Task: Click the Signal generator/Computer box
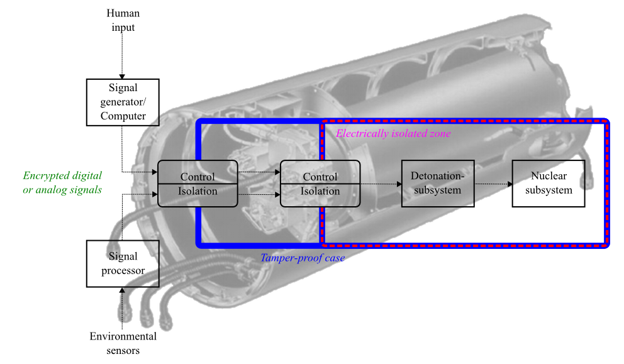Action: coord(123,101)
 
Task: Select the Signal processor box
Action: coord(123,263)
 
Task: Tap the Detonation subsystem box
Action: coord(437,183)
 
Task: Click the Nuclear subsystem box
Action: coord(549,183)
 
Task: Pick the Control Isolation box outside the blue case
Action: coord(198,184)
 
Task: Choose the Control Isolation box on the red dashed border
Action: coord(320,184)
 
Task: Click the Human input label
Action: coord(123,19)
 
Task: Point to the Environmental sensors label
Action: coord(123,343)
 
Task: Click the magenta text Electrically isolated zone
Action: coord(393,134)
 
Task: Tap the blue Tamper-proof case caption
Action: coord(303,258)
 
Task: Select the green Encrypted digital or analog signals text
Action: coord(62,182)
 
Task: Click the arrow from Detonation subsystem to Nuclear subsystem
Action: coord(493,184)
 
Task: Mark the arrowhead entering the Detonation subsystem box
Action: coord(399,184)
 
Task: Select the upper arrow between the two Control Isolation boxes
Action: coord(259,172)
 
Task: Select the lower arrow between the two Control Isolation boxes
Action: coord(259,196)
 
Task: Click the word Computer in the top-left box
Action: coord(123,116)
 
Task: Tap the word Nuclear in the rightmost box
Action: coord(549,176)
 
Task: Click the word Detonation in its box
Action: coord(437,176)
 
